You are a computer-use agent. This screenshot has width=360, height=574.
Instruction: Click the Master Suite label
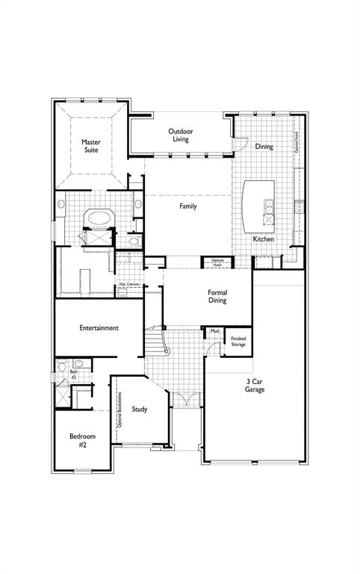point(91,146)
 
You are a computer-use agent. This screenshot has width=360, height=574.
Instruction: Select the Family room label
point(187,206)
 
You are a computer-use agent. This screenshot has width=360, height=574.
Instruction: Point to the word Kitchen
point(263,239)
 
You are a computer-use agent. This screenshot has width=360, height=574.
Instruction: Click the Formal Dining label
point(217,297)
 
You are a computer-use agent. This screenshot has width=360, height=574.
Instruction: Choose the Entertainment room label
point(99,328)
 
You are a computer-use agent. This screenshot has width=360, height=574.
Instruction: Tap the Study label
point(140,409)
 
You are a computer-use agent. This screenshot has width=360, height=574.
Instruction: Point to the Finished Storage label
point(238,342)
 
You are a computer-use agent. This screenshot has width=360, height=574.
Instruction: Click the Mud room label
point(214,330)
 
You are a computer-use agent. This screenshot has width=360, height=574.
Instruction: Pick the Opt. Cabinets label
point(128,285)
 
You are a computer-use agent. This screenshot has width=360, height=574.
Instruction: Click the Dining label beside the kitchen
point(264,146)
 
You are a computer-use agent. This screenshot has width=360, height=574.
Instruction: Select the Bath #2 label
point(74,374)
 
